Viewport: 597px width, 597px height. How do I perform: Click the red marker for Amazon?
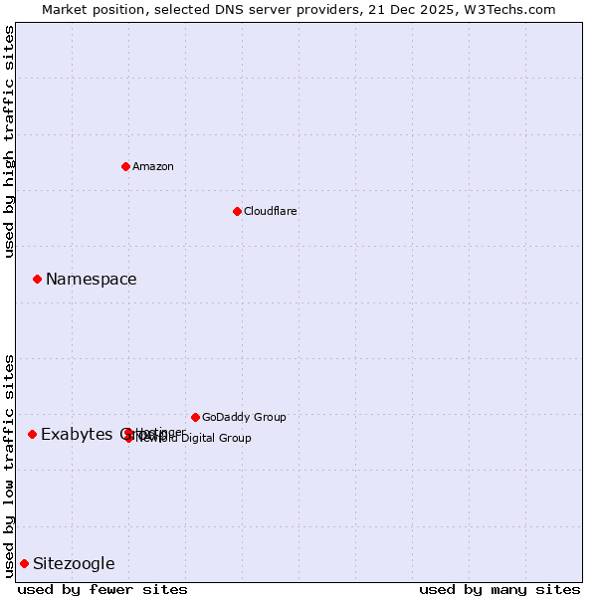125,166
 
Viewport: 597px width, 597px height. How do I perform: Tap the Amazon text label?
153,166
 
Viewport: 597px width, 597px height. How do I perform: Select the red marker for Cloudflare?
237,211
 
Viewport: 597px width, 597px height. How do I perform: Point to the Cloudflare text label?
271,211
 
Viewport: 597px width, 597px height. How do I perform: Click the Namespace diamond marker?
37,279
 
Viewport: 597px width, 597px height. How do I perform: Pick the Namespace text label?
92,279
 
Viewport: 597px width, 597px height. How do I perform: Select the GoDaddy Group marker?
195,417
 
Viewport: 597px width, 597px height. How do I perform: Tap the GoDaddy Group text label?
244,417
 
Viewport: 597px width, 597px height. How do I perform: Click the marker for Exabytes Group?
32,434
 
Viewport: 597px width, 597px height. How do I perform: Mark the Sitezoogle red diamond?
24,563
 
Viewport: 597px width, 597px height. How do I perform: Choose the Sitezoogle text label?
74,563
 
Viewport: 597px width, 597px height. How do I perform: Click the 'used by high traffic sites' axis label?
9,141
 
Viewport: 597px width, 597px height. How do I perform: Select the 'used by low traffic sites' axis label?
9,465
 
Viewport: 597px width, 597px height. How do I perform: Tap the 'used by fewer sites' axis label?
102,589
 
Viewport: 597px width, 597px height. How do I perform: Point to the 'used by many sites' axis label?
499,589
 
